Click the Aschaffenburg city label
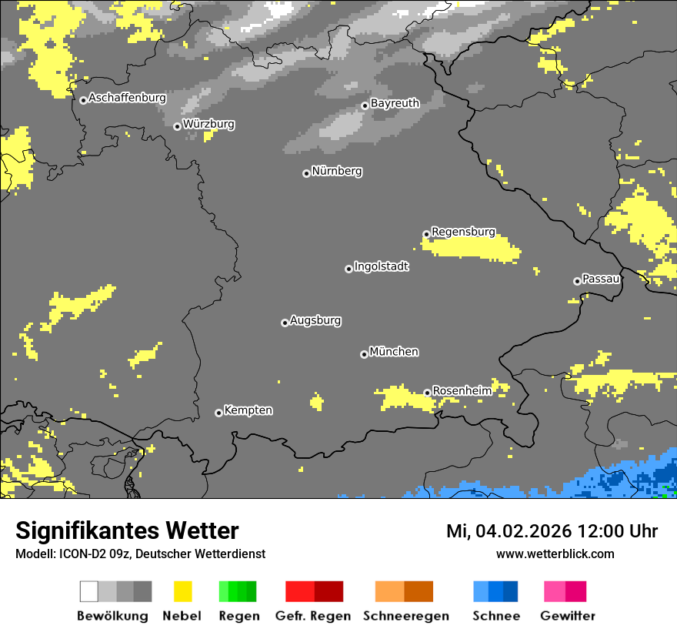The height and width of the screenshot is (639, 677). pos(127,99)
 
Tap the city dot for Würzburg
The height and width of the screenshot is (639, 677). pos(177,126)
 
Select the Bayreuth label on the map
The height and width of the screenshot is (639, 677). pos(395,103)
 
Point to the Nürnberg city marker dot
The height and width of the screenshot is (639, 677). pos(306,173)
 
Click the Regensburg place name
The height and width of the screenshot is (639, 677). pos(463,232)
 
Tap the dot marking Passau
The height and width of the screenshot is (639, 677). pos(577,281)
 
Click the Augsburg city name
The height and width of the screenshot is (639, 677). pos(315,320)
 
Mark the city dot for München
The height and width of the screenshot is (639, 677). pos(364,354)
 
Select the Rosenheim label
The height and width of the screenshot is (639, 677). pos(462,391)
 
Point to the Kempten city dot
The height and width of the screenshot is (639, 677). pos(218,413)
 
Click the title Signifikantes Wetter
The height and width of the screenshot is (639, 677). pos(127,531)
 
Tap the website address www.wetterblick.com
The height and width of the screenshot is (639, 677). pos(555,554)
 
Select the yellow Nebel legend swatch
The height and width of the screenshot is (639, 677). pos(182,591)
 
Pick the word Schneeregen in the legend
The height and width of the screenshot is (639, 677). pos(406,616)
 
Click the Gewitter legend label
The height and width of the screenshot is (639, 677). pos(568,616)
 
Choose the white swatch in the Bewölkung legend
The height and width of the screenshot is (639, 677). pos(89,591)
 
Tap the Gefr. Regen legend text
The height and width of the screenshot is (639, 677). pos(312,616)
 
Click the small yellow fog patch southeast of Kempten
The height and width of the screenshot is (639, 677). pos(316,401)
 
